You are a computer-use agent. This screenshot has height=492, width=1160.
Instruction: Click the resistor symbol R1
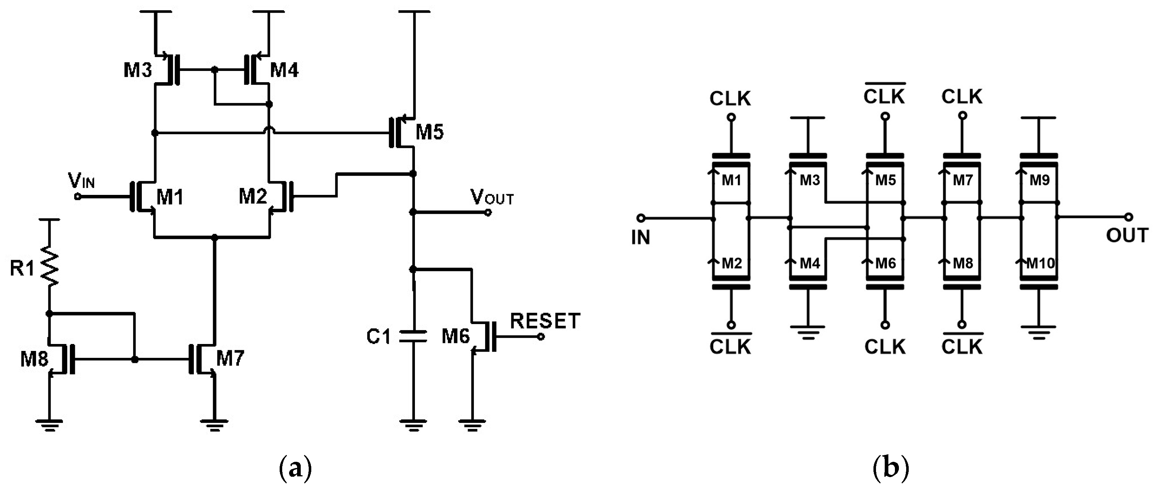pos(49,268)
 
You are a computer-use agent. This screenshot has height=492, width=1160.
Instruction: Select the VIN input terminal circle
pos(77,197)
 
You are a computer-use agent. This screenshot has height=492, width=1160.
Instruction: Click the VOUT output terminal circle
pos(488,212)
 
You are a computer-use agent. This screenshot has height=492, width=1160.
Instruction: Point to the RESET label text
pos(545,321)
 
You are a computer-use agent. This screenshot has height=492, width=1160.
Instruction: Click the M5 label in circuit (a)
pos(429,132)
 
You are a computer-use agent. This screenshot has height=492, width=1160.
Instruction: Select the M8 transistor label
pos(34,359)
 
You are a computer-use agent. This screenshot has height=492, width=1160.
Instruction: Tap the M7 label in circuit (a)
pos(230,359)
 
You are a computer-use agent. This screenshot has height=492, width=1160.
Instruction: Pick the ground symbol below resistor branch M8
pos(49,425)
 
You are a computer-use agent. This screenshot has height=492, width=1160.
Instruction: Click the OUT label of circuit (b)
pos(1127,235)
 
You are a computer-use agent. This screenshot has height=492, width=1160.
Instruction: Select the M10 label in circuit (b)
pos(1040,263)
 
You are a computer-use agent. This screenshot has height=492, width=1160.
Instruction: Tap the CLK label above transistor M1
pos(730,99)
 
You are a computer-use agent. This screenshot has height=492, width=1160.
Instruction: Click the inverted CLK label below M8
pos(962,346)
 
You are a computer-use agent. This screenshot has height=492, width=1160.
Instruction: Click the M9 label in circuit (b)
pos(1040,180)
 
